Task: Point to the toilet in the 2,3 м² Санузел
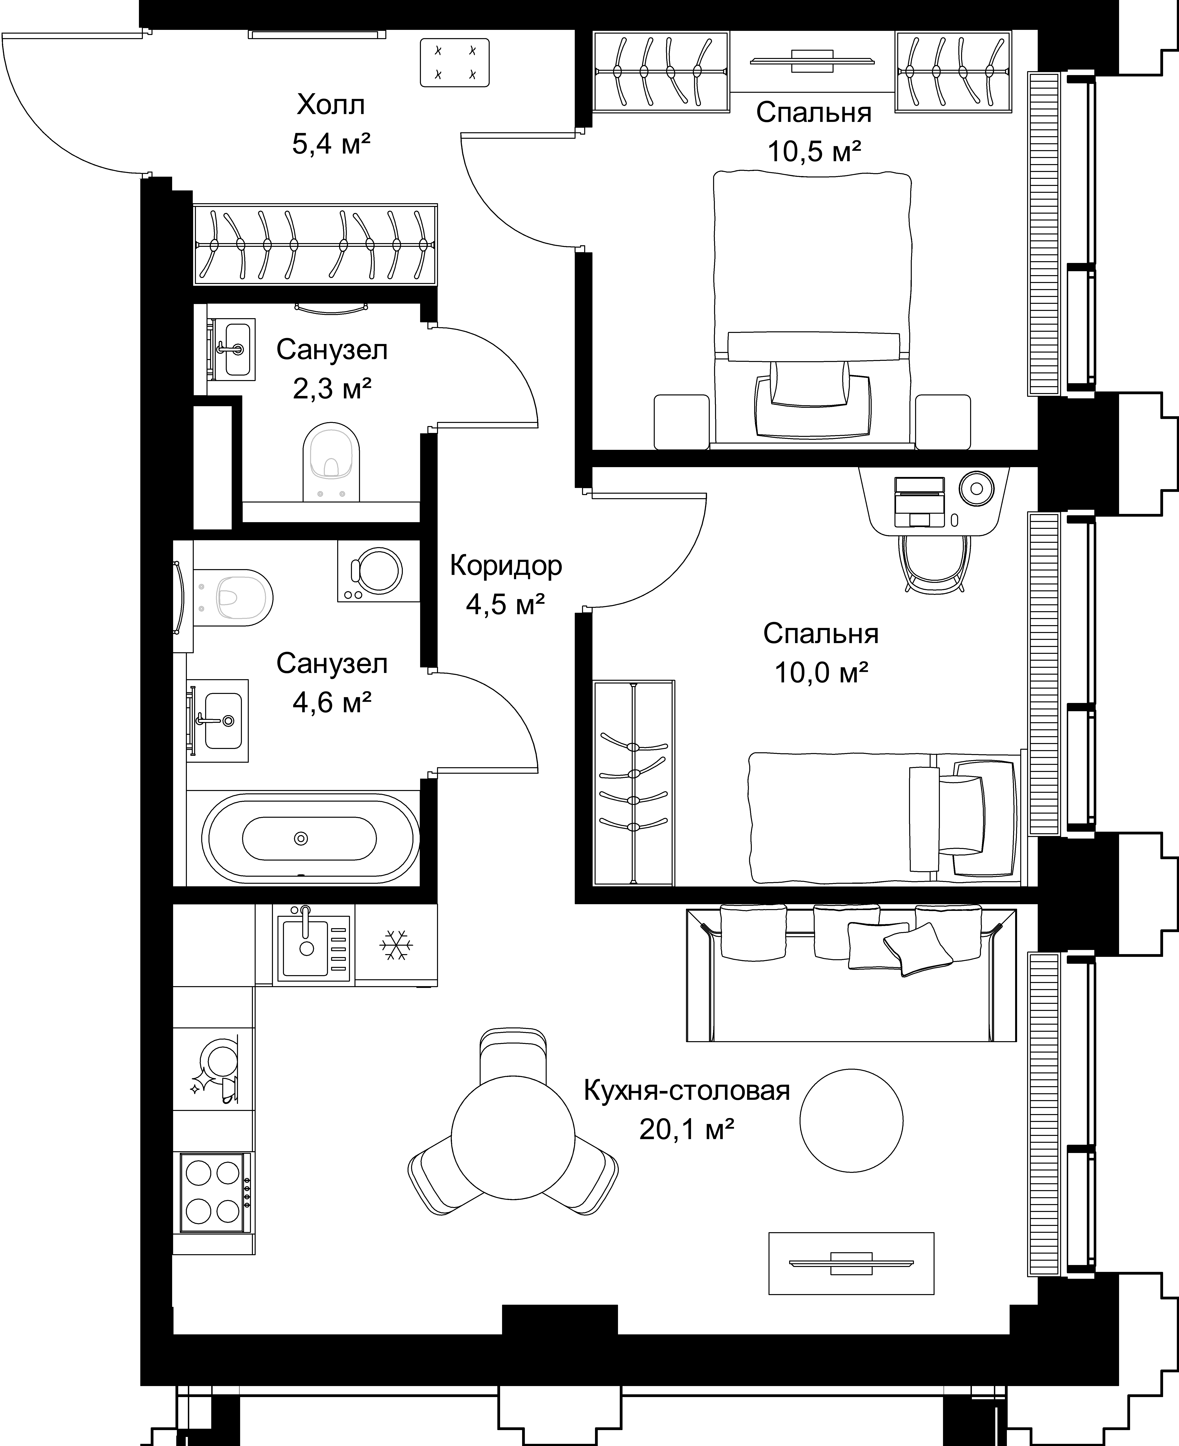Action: click(x=331, y=462)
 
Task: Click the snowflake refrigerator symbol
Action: click(x=396, y=945)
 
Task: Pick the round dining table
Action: click(x=513, y=1138)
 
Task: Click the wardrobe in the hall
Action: click(x=316, y=244)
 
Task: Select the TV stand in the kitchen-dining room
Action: click(x=851, y=1263)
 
